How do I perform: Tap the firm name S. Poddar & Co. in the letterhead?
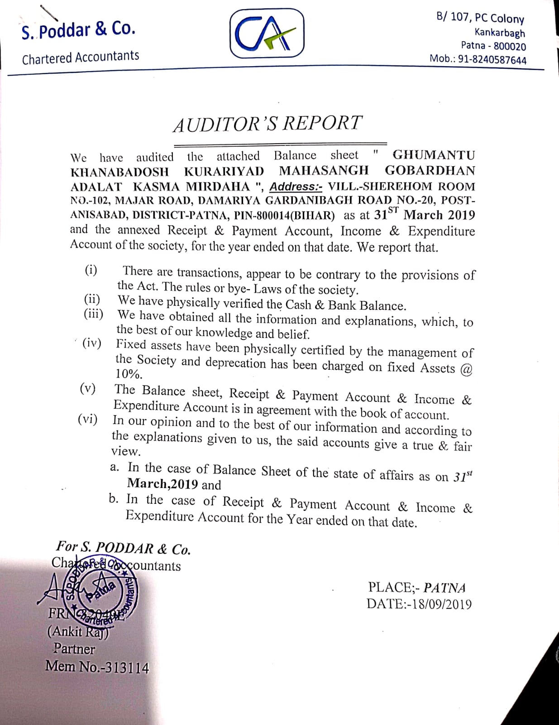click(78, 30)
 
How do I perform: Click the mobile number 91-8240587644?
click(492, 60)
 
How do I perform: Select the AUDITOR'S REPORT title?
click(268, 124)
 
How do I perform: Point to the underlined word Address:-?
click(296, 186)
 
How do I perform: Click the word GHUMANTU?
click(434, 155)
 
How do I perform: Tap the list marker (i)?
click(91, 270)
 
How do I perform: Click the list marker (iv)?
click(91, 343)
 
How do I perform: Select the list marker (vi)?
click(87, 419)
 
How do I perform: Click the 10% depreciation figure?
click(129, 374)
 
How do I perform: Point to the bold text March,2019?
click(162, 484)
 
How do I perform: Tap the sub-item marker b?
click(114, 499)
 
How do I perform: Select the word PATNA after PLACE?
click(444, 588)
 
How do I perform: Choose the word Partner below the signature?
click(74, 648)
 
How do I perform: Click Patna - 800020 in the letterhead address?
click(493, 46)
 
